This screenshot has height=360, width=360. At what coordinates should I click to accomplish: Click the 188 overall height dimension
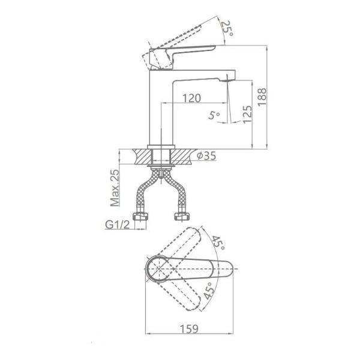point(262,97)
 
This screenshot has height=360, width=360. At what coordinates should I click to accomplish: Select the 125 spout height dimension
point(247,114)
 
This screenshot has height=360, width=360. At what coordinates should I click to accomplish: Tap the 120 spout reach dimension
point(191,98)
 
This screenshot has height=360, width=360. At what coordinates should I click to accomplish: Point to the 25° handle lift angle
point(228,29)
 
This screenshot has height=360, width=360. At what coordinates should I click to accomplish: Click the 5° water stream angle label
point(214,115)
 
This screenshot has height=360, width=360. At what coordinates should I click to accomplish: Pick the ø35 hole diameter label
point(206,156)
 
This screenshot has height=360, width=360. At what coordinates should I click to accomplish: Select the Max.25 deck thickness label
point(115,188)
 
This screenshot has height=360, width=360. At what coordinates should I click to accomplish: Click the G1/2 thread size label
point(118,225)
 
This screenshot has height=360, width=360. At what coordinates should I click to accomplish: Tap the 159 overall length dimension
point(189,329)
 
